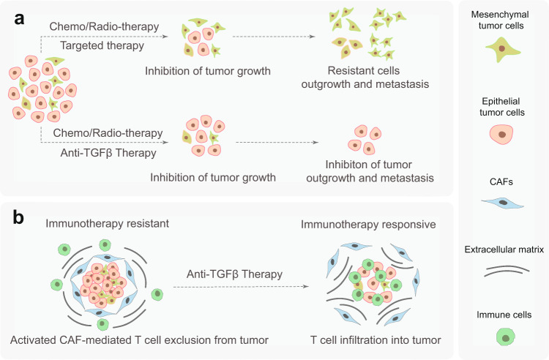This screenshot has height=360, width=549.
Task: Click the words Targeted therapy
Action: [x=89, y=45]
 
